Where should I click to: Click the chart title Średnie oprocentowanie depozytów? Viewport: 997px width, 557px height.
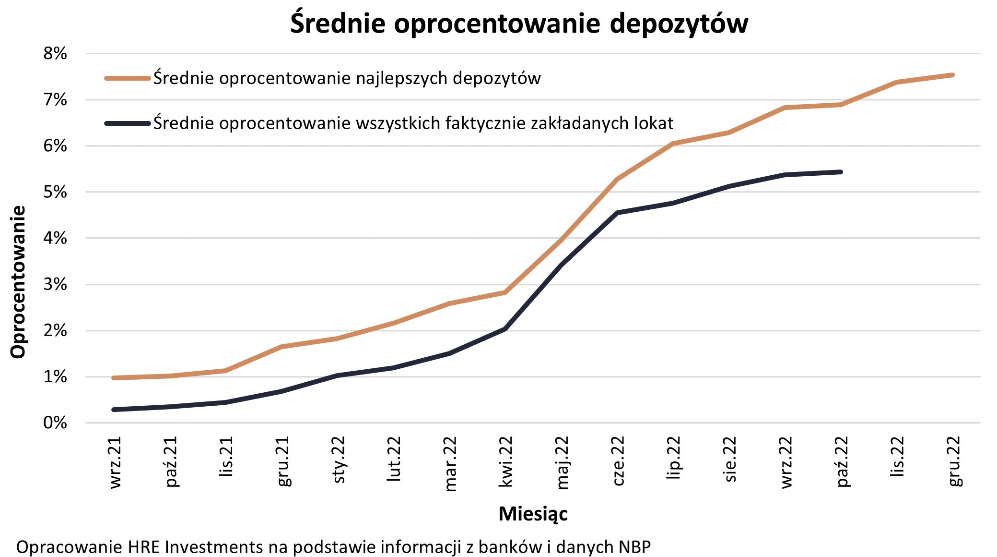pos(519,23)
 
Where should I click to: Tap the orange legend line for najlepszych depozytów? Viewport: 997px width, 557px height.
pos(128,78)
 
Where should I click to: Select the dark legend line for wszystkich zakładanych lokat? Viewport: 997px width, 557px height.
pos(128,123)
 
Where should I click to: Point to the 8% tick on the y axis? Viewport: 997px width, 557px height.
pos(55,53)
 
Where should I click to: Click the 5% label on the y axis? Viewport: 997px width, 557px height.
pos(55,192)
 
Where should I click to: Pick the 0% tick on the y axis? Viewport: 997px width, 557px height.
pos(55,423)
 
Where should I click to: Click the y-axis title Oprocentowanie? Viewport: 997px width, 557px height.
pos(18,282)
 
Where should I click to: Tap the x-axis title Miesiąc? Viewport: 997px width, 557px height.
pos(533,514)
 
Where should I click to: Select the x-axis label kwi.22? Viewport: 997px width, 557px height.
pos(505,462)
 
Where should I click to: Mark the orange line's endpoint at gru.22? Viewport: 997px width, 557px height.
pos(952,75)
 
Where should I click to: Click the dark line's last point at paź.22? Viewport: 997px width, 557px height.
pos(841,172)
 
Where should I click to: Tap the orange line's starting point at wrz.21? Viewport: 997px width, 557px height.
pos(114,378)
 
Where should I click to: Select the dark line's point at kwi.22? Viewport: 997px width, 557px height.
pos(505,329)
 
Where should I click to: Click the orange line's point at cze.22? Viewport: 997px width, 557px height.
pos(618,179)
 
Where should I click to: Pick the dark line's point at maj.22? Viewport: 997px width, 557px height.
pos(562,264)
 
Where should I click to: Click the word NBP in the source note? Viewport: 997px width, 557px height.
pos(634,547)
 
